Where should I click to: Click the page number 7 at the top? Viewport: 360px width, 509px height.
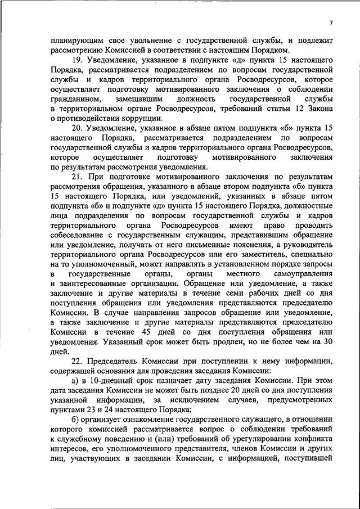[331, 21]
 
